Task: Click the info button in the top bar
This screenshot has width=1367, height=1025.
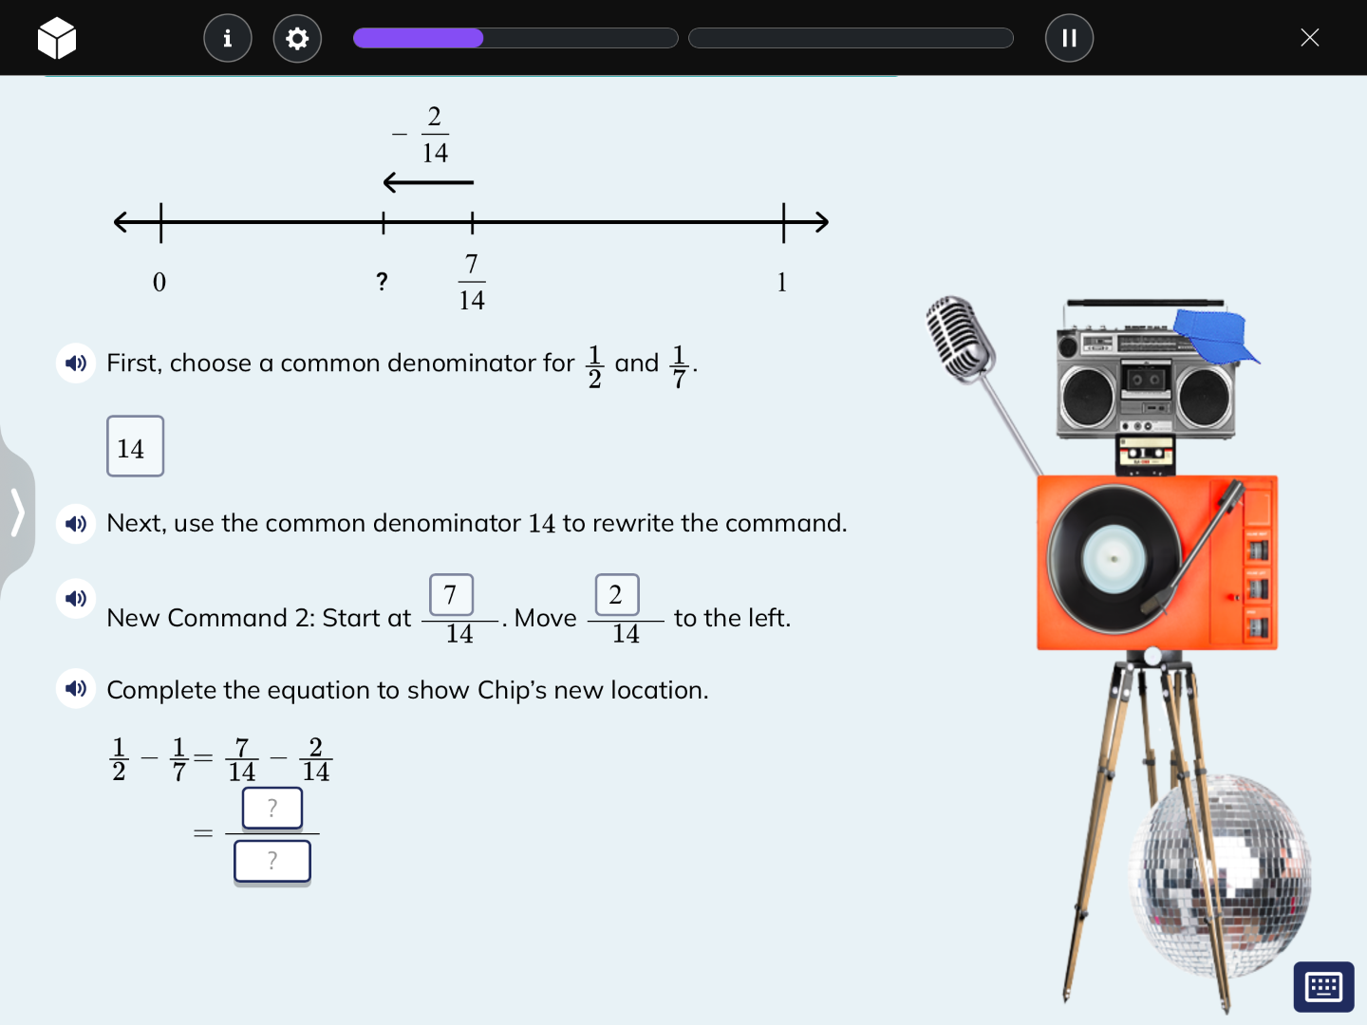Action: point(228,38)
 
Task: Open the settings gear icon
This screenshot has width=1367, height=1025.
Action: point(297,38)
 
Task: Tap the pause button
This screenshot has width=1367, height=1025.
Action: point(1069,38)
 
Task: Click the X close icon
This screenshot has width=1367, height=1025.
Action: point(1309,38)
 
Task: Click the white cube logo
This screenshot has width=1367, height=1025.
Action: point(57,38)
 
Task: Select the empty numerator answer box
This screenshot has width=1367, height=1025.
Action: point(272,808)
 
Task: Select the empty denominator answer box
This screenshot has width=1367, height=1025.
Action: point(272,861)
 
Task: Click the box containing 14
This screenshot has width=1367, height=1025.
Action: point(135,446)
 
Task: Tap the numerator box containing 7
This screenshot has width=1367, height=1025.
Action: point(451,595)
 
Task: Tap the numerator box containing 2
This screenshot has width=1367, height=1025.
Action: point(616,595)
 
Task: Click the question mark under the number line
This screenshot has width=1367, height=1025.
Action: point(382,281)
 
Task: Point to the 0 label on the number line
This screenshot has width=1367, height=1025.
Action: point(159,282)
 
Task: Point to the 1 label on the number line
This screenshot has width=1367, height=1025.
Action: point(782,282)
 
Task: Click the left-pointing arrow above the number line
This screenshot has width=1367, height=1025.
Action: point(428,181)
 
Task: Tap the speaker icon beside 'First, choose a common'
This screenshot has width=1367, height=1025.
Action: point(76,363)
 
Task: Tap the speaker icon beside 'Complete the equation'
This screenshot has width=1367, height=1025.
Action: point(76,688)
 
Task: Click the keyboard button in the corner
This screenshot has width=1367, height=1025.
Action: point(1323,987)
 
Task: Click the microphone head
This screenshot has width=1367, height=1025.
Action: point(959,337)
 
